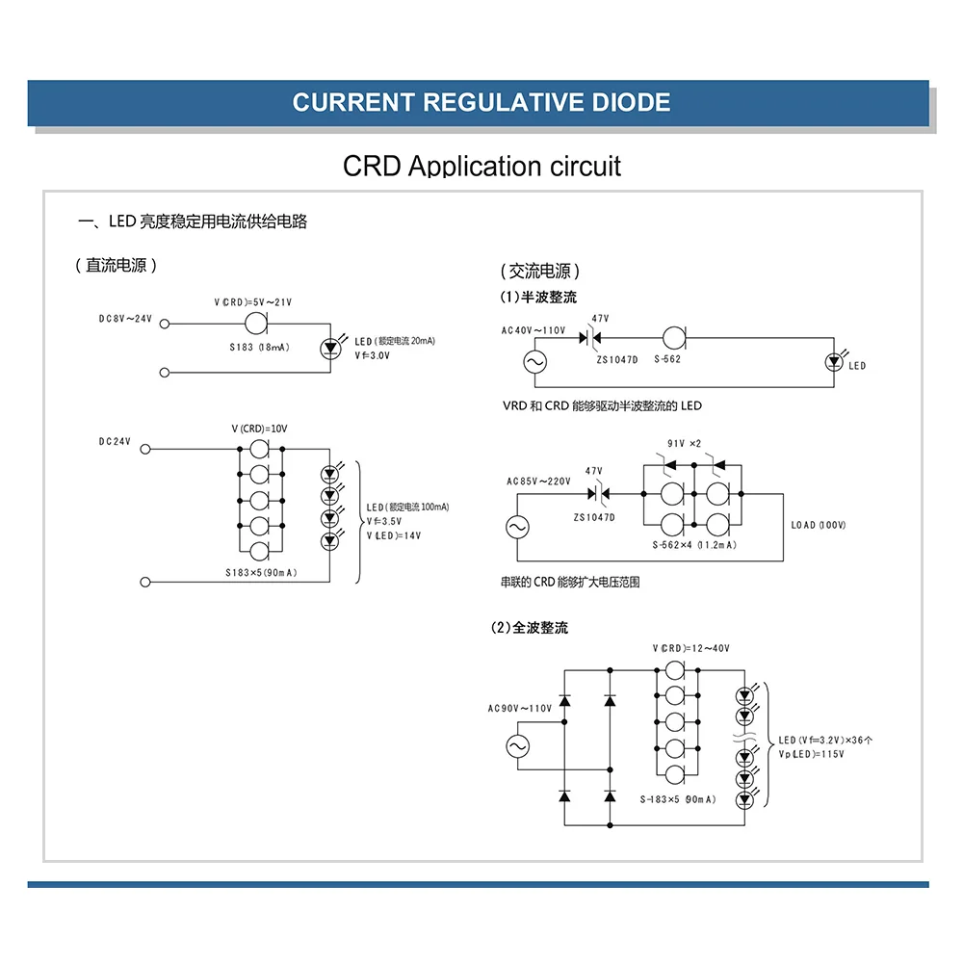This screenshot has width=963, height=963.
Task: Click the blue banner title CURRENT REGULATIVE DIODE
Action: (481, 102)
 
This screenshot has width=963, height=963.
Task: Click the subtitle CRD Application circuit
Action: (481, 166)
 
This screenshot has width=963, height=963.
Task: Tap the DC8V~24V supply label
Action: (125, 319)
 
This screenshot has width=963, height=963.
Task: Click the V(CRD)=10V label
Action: (259, 429)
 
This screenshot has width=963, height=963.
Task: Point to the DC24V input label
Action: (115, 442)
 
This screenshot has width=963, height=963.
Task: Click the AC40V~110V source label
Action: (534, 331)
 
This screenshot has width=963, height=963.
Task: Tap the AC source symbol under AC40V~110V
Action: (534, 363)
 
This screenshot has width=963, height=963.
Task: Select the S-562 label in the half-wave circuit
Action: (666, 360)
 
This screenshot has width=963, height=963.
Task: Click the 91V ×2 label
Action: (685, 443)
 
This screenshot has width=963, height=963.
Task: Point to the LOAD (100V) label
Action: (819, 525)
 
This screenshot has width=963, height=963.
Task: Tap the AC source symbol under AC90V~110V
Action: (518, 746)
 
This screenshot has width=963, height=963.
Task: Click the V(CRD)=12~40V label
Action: (690, 648)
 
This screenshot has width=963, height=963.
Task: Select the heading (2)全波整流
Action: (530, 628)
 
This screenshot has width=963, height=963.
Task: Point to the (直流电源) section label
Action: (116, 266)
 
